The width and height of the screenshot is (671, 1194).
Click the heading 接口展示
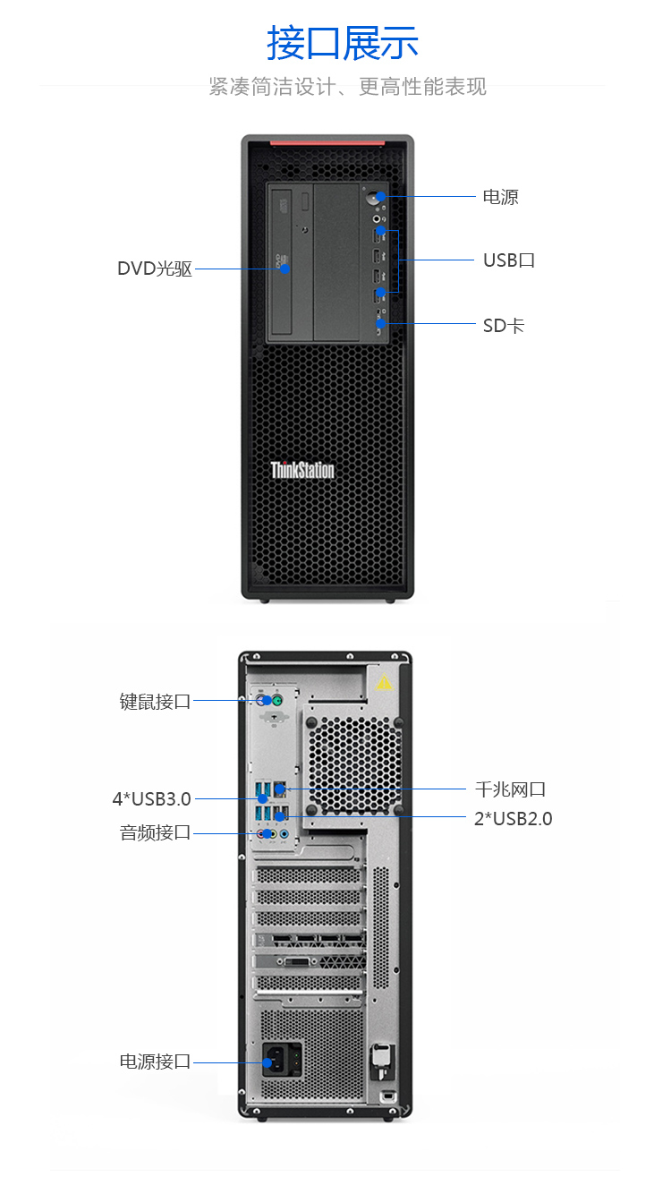343,43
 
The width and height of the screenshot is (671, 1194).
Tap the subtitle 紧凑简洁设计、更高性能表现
347,87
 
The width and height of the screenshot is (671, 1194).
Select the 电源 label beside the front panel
500,197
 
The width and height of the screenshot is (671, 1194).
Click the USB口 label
508,260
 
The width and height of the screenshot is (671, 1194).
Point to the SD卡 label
503,325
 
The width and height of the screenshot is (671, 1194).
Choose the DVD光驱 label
155,269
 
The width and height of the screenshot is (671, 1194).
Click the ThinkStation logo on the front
302,470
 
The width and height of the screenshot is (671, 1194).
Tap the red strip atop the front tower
327,141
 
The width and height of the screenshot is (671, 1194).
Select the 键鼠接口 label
156,701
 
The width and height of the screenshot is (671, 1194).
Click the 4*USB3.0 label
151,798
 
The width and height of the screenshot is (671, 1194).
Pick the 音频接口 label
156,832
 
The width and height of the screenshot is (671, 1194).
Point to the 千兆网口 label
510,789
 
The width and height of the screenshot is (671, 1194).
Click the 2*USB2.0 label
513,818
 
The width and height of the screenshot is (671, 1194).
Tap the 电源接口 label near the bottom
156,1062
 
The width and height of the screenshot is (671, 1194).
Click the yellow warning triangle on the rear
384,682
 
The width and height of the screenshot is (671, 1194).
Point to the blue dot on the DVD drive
285,269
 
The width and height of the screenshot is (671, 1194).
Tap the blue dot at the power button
381,197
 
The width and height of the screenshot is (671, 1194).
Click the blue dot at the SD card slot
381,323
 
